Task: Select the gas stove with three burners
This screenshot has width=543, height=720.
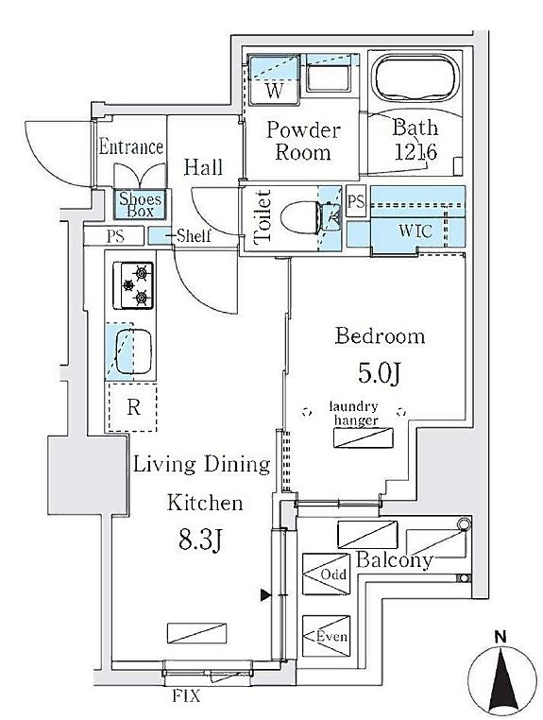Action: (x=133, y=285)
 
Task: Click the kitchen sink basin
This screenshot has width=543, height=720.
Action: (x=133, y=351)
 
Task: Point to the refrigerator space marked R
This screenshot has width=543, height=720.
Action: (x=132, y=407)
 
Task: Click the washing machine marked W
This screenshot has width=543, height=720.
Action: (x=274, y=81)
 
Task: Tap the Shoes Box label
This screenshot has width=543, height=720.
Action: (x=141, y=205)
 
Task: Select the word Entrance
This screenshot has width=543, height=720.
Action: (x=131, y=147)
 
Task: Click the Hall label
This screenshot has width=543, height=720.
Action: (x=203, y=167)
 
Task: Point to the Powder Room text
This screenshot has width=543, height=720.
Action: (x=303, y=141)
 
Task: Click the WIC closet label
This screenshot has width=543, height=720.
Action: (x=416, y=231)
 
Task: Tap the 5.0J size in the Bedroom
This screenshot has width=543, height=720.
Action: (x=380, y=374)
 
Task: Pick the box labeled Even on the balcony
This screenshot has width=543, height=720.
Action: (x=327, y=636)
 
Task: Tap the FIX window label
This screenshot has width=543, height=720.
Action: (x=186, y=696)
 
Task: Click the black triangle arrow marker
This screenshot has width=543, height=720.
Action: (x=265, y=595)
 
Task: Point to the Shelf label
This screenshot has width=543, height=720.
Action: (x=194, y=236)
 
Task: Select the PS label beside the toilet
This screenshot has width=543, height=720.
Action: (x=356, y=201)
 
